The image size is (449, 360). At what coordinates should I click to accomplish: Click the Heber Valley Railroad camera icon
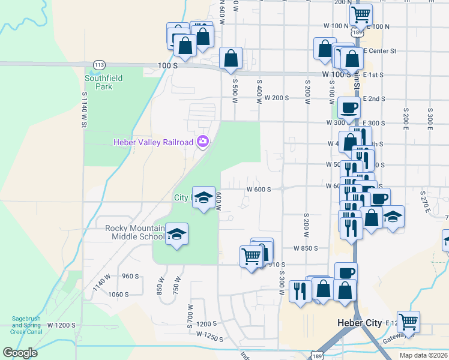click(203, 142)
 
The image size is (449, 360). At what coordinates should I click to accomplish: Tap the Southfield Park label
click(103, 82)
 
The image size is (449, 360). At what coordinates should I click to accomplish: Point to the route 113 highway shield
click(100, 64)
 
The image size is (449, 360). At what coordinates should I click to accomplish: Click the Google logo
click(20, 353)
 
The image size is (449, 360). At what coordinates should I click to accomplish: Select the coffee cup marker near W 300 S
click(348, 108)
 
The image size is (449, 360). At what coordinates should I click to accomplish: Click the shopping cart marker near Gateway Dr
click(408, 322)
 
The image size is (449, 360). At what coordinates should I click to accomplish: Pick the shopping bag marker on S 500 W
click(231, 59)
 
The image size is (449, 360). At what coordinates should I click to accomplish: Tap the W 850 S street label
click(305, 248)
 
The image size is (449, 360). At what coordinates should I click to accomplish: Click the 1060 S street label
click(118, 295)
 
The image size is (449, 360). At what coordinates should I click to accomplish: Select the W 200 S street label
click(277, 98)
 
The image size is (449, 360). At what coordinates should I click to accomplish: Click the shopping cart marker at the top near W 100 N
click(361, 14)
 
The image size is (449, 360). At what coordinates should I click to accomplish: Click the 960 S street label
click(130, 277)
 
